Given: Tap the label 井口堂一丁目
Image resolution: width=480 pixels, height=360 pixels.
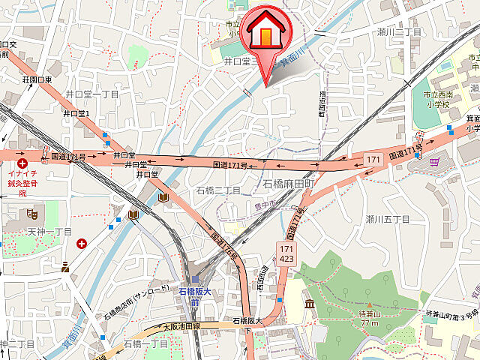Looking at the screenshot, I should tap(92, 94).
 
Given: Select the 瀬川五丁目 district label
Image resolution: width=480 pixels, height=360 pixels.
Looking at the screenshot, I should tap(388, 219).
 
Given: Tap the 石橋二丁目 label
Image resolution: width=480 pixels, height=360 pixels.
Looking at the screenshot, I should tap(218, 190).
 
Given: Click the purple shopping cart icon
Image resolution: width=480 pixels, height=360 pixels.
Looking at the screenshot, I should tap(434, 160).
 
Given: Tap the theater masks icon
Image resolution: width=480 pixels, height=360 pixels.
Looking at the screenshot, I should tap(32, 214).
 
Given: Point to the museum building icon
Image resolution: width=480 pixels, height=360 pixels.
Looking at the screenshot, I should tap(310, 303).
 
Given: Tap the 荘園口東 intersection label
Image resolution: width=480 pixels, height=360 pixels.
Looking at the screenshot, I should tap(37, 79).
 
